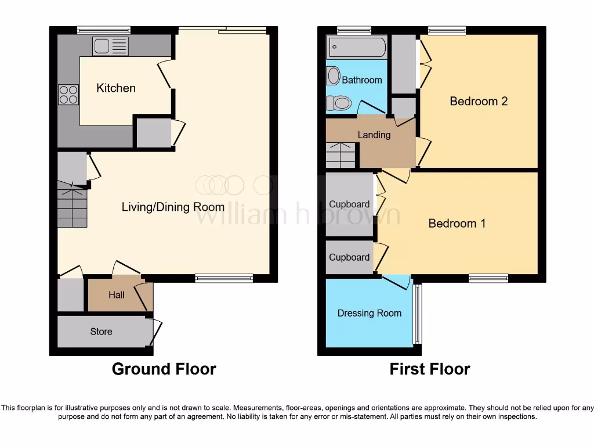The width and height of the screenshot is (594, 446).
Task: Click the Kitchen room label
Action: [116, 88]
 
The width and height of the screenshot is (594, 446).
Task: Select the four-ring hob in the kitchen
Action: [68, 94]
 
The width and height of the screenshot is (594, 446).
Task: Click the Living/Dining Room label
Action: [173, 207]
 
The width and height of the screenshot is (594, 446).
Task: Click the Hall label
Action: [117, 295]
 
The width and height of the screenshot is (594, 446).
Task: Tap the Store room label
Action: [101, 332]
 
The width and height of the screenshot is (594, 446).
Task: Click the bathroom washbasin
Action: [334, 75]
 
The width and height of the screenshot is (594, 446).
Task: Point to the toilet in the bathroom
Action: [339, 103]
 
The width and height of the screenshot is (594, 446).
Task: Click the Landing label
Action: [374, 135]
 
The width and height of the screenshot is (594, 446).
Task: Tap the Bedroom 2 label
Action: [479, 101]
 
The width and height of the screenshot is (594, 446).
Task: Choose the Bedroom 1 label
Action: [457, 223]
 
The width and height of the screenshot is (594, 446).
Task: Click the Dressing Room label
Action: [370, 313]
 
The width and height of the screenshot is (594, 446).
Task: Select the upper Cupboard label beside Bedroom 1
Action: [349, 204]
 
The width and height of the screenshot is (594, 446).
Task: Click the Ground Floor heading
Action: [164, 369]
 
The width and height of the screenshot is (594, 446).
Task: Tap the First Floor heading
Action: [430, 369]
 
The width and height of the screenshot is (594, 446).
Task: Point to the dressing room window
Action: [416, 314]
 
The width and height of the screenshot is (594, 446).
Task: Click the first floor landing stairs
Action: [341, 154]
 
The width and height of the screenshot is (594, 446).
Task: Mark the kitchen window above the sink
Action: [104, 30]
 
